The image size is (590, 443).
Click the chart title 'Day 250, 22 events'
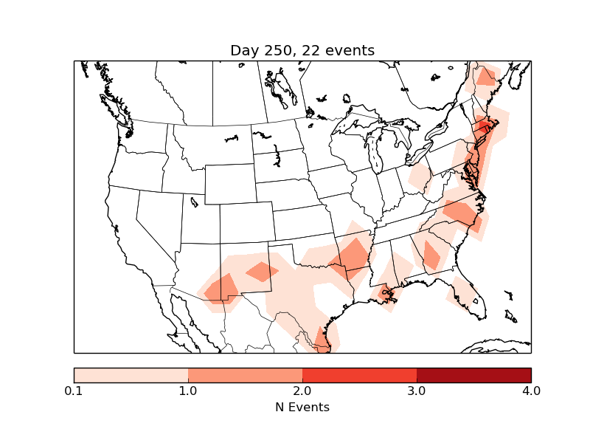pyautogui.click(x=302, y=50)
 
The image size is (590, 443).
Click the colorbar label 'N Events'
pyautogui.click(x=302, y=407)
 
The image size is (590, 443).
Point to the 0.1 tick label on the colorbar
pyautogui.click(x=74, y=391)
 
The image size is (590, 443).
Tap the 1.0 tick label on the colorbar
pyautogui.click(x=188, y=391)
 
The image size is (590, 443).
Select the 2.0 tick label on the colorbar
pyautogui.click(x=302, y=391)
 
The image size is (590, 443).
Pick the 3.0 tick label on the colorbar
pyautogui.click(x=417, y=391)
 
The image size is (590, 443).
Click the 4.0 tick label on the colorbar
pyautogui.click(x=530, y=391)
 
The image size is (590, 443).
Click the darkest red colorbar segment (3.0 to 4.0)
pyautogui.click(x=473, y=374)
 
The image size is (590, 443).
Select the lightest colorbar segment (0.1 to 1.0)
pyautogui.click(x=131, y=374)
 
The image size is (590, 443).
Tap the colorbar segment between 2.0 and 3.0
pyautogui.click(x=359, y=374)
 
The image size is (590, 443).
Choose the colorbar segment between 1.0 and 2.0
pyautogui.click(x=245, y=374)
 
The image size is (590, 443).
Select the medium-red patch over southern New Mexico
pyautogui.click(x=221, y=288)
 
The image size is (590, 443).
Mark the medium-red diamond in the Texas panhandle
pyautogui.click(x=262, y=271)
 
